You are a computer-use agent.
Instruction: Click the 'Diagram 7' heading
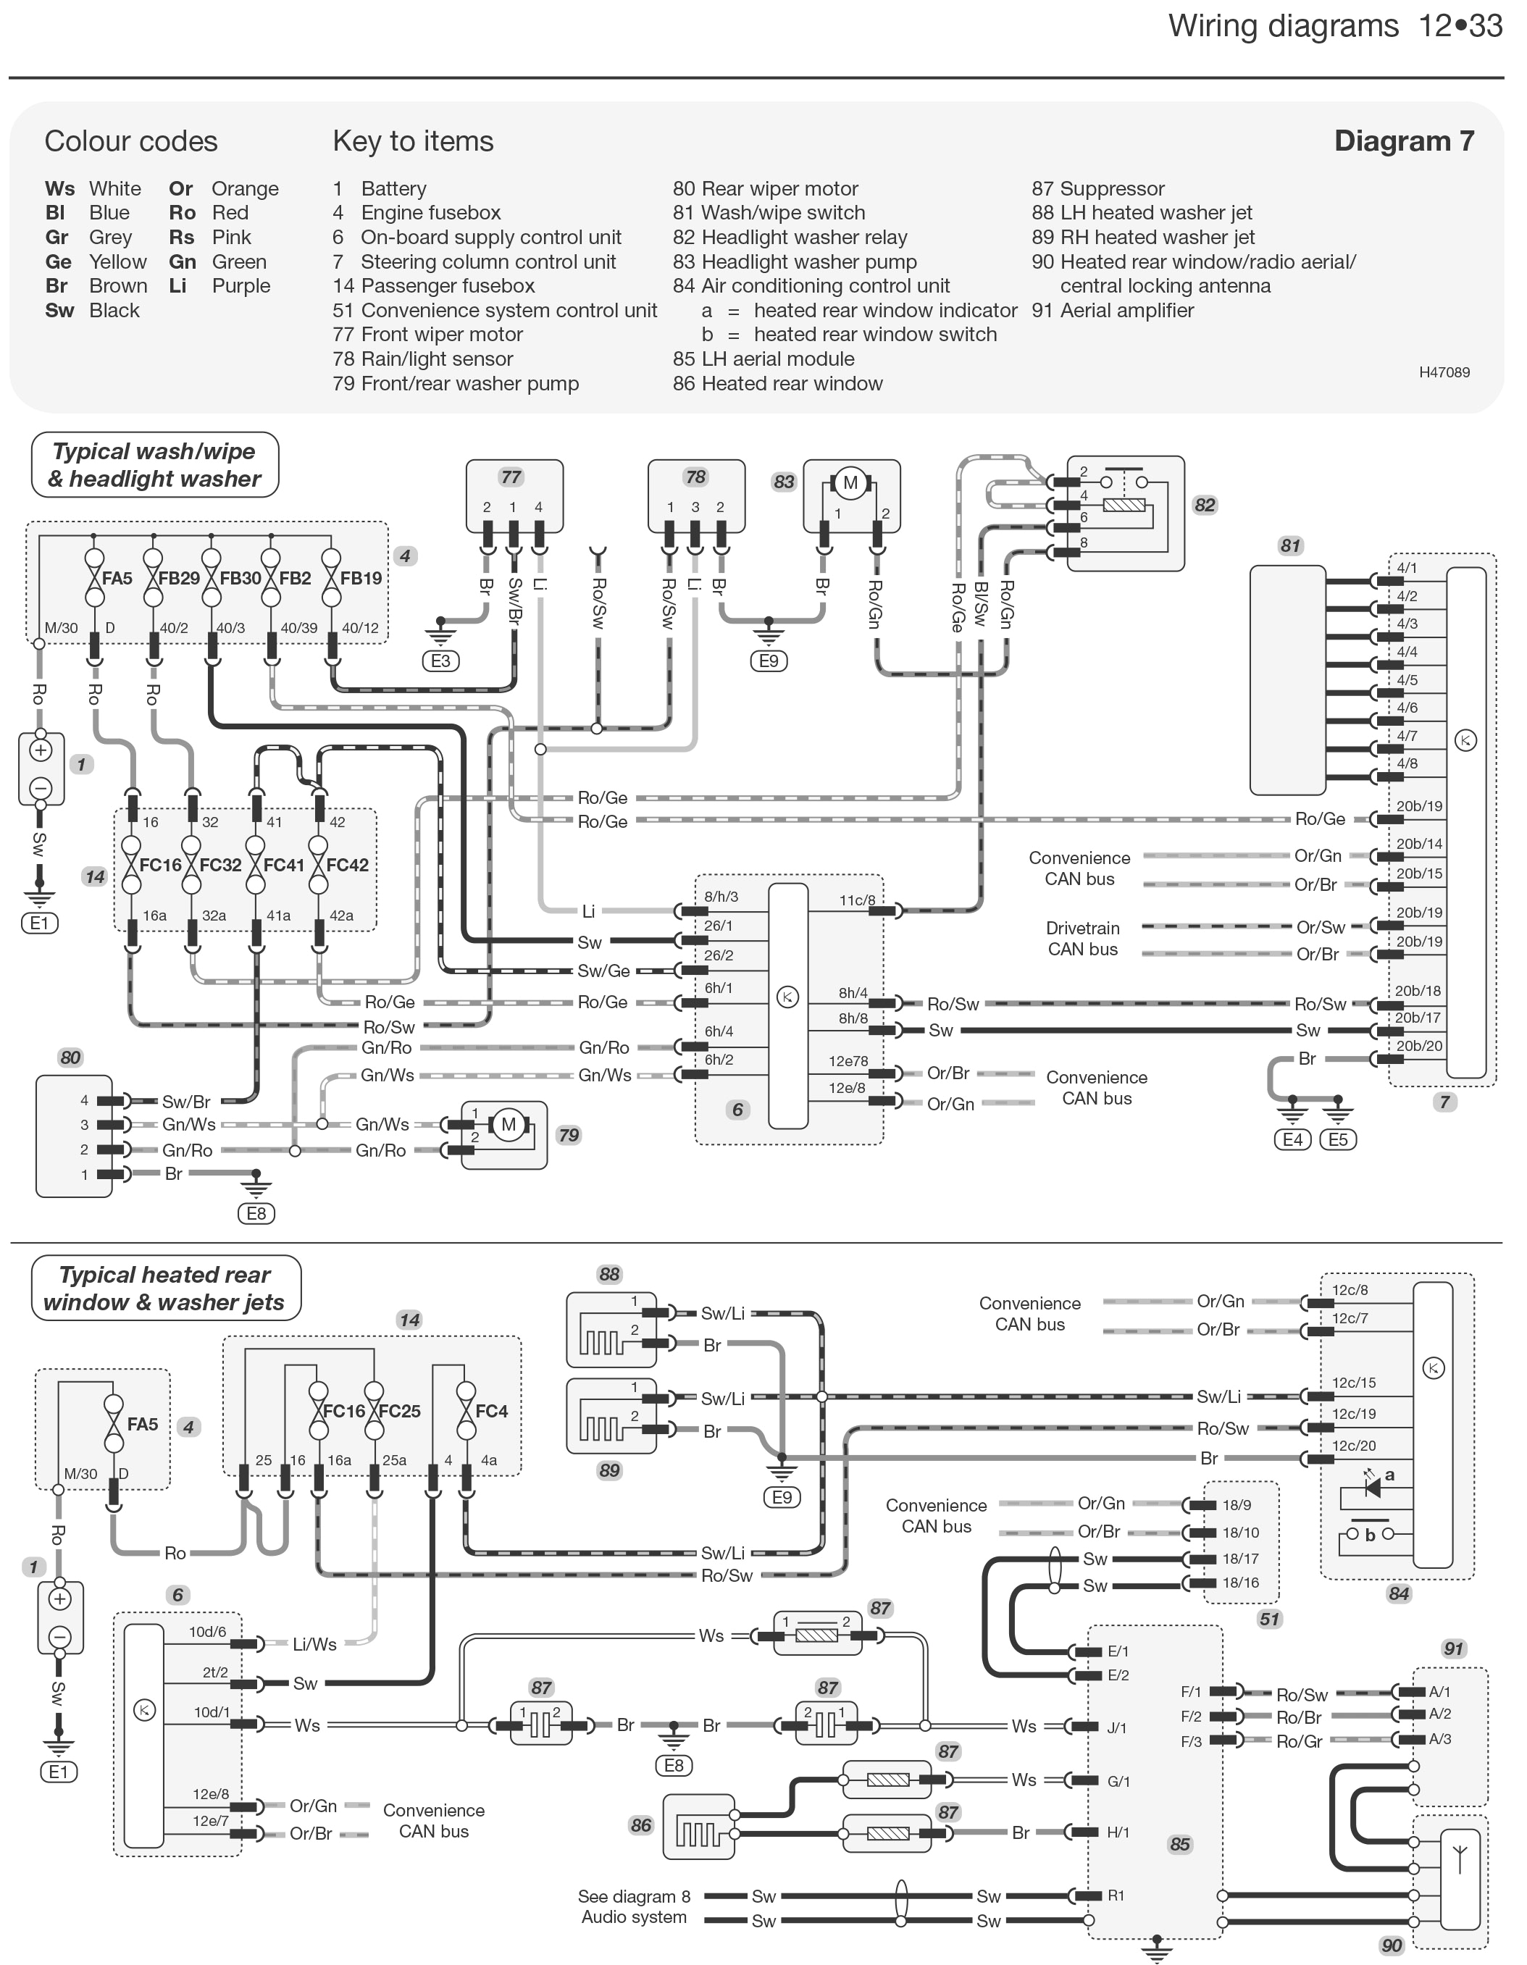(1404, 141)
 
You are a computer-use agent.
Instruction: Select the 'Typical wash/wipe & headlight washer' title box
(155, 465)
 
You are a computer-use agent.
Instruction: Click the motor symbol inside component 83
(850, 483)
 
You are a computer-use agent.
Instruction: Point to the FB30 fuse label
(240, 579)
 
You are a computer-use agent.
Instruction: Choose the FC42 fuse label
(347, 866)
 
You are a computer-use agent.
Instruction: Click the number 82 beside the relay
(1205, 505)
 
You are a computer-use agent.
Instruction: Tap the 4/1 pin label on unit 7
(1407, 569)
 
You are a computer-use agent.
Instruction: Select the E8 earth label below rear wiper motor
(256, 1214)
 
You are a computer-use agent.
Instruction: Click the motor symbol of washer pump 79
(509, 1124)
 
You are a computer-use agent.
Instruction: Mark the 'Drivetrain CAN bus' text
(1082, 939)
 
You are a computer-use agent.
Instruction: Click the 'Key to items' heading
(413, 141)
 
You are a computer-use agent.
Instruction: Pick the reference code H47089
(1444, 372)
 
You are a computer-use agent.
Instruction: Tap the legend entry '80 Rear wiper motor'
(765, 189)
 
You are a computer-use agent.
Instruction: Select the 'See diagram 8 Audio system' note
(635, 1906)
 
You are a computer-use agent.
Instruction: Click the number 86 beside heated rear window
(640, 1825)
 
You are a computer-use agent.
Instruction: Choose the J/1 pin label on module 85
(1118, 1727)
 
